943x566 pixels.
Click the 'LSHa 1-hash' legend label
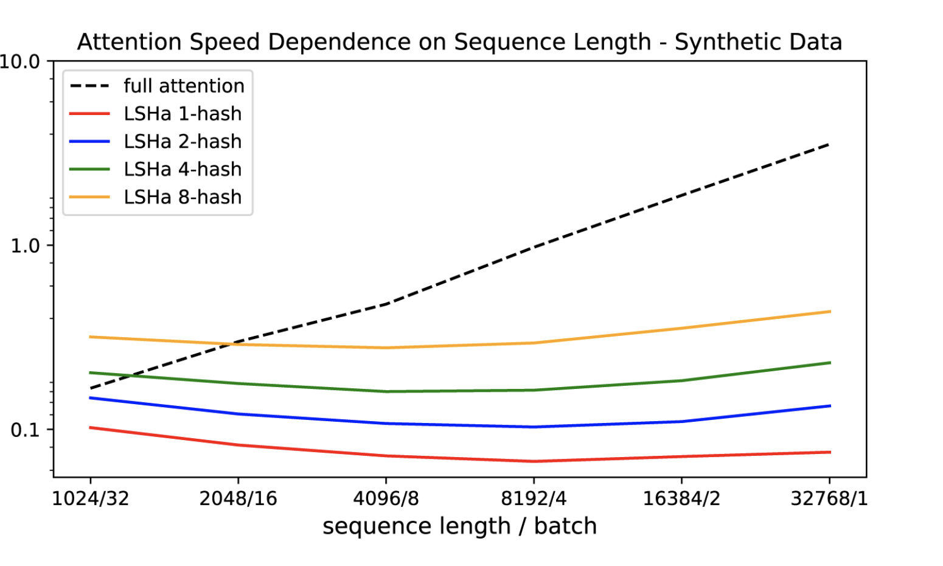[x=183, y=114]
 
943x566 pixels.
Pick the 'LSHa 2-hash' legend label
[x=183, y=142]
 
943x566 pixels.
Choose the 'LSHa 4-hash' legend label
[x=183, y=169]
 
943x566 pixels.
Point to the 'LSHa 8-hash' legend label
[x=183, y=197]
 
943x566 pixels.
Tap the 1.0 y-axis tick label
[x=25, y=246]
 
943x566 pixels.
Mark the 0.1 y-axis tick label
[x=25, y=430]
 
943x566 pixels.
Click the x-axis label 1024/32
[x=90, y=499]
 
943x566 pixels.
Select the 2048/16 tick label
[x=238, y=499]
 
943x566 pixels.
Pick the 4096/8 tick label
[x=386, y=499]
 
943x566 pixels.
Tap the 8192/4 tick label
[x=534, y=499]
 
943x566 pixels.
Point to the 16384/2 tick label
[x=681, y=499]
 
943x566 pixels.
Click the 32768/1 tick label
[x=829, y=499]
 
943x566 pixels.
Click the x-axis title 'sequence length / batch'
[x=459, y=526]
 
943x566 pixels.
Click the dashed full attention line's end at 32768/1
[x=830, y=144]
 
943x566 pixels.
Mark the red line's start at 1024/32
[x=90, y=427]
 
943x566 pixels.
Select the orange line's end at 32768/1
[x=830, y=312]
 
